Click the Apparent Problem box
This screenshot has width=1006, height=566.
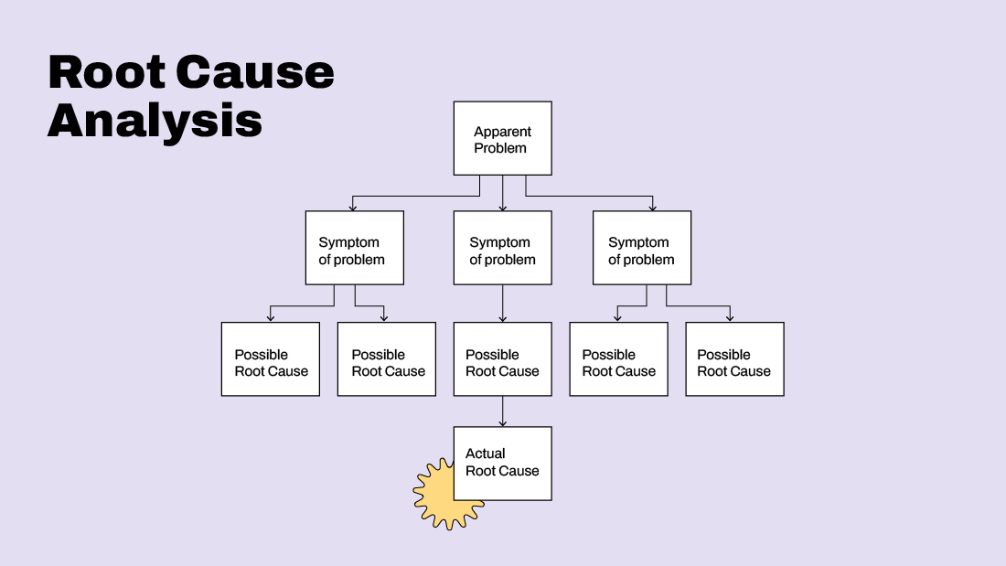[502, 138]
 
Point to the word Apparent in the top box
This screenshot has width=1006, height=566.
[502, 132]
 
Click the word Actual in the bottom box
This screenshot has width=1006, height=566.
[485, 454]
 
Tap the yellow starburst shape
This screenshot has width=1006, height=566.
[435, 498]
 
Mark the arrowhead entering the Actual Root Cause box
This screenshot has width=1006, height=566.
[502, 422]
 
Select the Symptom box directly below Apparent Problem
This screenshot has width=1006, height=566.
[502, 248]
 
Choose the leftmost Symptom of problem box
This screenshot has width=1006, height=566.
[354, 248]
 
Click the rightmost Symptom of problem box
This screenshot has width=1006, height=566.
[641, 248]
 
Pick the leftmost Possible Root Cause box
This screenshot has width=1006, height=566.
[271, 359]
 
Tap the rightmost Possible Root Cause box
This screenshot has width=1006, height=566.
[734, 359]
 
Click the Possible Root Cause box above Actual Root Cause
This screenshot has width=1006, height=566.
[502, 359]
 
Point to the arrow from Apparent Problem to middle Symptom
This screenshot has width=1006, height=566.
[502, 194]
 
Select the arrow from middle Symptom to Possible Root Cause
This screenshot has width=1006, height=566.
[502, 304]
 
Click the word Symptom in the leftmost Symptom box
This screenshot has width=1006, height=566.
[348, 242]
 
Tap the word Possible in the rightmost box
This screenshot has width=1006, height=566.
[723, 355]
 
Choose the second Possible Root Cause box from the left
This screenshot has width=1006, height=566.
[387, 359]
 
